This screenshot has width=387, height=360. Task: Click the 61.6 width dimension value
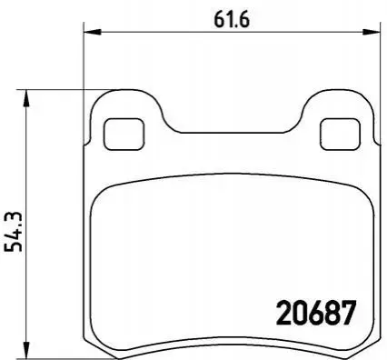(232, 20)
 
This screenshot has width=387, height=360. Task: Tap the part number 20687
(315, 313)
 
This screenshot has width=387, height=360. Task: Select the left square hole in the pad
(124, 134)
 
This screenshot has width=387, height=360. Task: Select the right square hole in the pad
(341, 134)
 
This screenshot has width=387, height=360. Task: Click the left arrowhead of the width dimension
(92, 31)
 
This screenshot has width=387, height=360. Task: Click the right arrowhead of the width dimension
(372, 31)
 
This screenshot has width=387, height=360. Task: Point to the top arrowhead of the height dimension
(27, 98)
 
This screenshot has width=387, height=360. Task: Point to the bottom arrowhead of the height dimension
(27, 349)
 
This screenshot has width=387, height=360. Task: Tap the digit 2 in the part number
(283, 313)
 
